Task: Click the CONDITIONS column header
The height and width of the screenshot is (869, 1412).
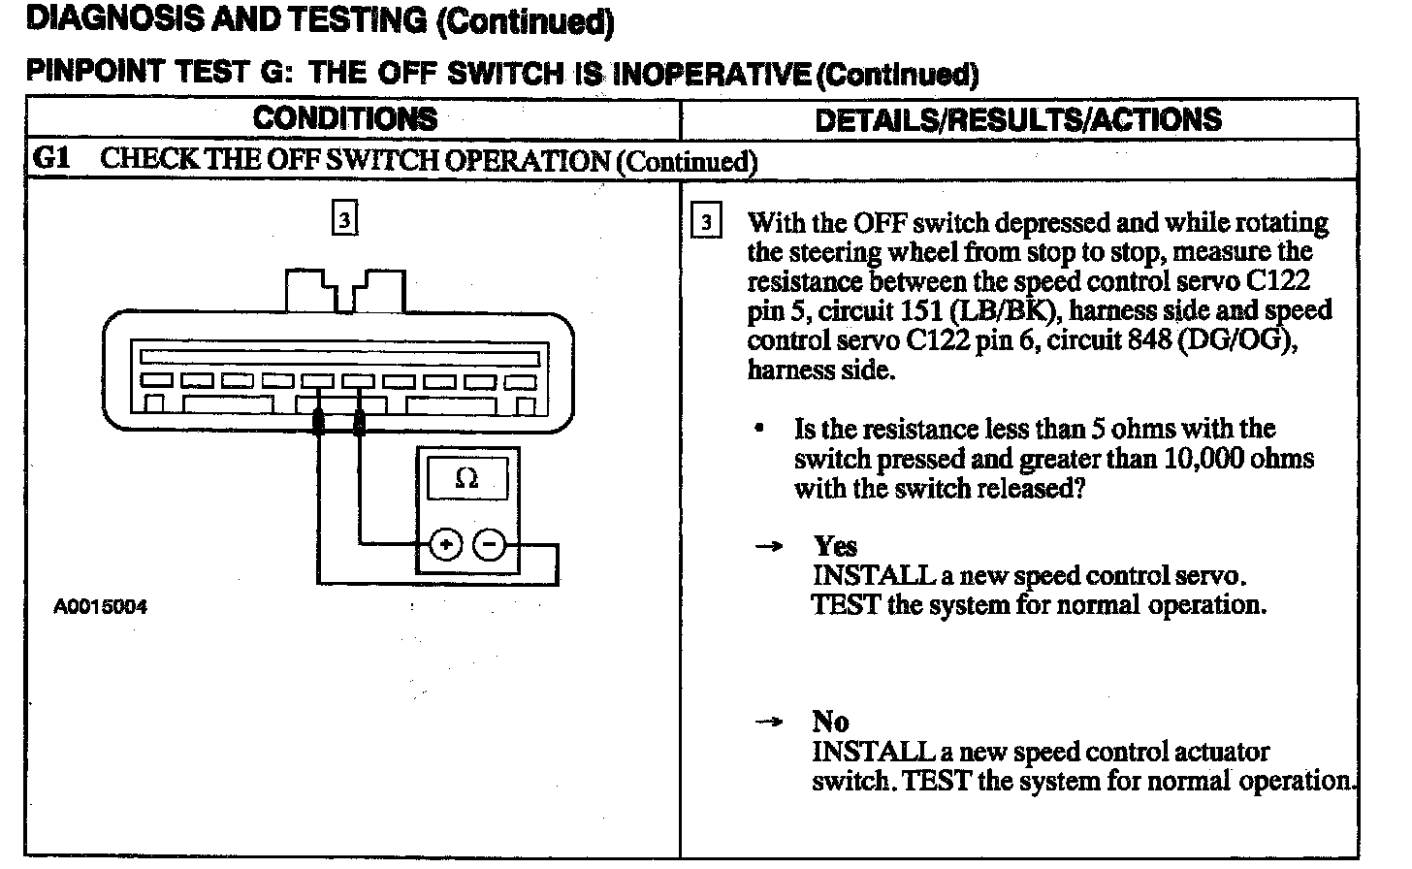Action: (x=345, y=119)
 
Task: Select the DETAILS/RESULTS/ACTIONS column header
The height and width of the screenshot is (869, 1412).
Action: (x=1017, y=120)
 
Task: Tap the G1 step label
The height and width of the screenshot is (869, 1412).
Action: (x=51, y=158)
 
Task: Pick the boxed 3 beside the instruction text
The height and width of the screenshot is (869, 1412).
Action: (x=705, y=224)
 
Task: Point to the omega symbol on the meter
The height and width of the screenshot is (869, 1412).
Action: (x=466, y=478)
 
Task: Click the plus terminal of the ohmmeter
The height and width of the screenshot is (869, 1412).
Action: (x=445, y=546)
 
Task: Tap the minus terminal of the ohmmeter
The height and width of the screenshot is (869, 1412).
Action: (x=489, y=546)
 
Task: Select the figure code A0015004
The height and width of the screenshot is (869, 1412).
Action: (x=100, y=607)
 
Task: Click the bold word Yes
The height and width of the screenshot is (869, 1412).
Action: (x=835, y=546)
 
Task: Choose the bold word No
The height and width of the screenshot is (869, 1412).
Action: (x=830, y=722)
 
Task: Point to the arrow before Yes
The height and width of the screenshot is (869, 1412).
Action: (x=769, y=547)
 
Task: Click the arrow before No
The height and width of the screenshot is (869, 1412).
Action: (x=769, y=723)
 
